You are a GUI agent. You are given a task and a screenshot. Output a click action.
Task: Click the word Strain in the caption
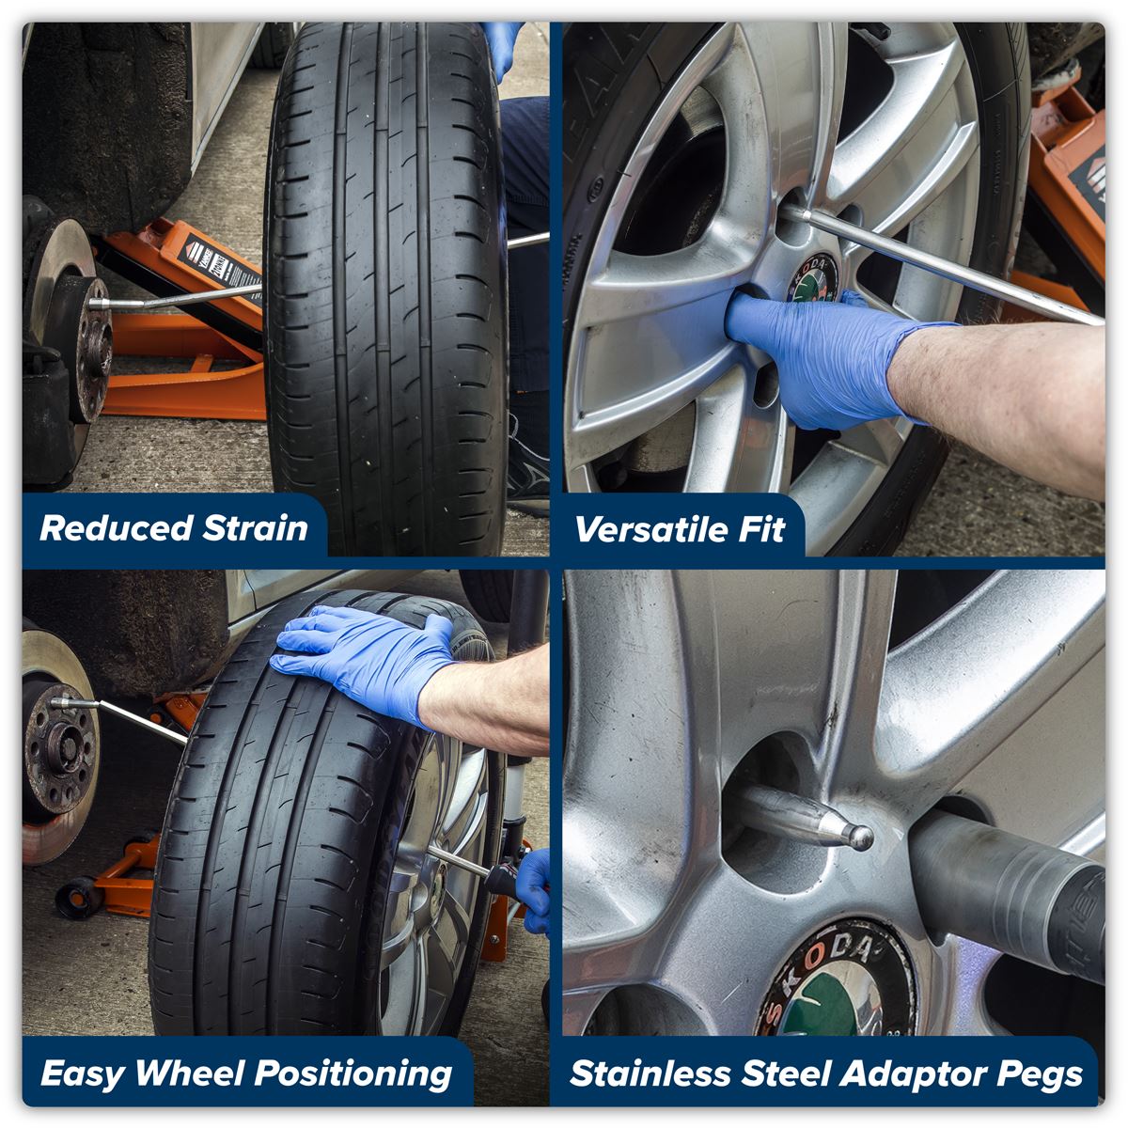255,528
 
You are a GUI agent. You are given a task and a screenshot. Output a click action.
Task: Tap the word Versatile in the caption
640,529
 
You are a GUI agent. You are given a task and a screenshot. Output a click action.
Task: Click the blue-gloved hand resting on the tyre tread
367,658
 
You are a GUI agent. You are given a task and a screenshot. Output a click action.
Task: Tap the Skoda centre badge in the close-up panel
837,982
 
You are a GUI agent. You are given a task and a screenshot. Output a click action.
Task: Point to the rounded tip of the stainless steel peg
857,836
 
